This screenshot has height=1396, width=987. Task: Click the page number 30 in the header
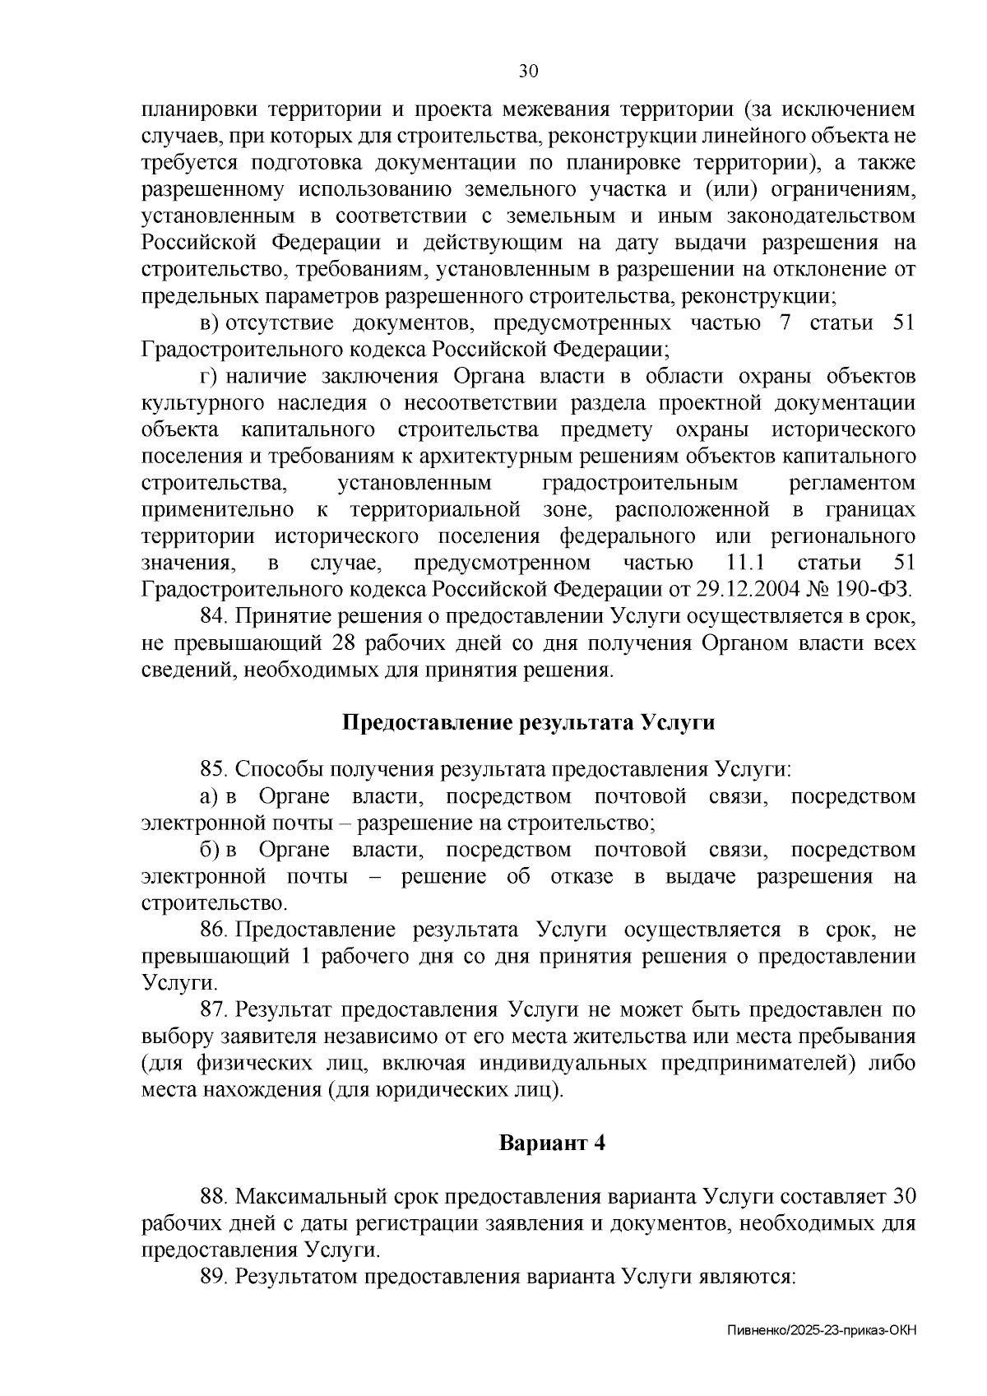point(527,72)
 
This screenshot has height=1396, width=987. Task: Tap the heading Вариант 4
point(553,1143)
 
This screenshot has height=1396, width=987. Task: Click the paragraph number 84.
point(215,616)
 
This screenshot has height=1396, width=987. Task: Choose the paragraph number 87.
point(215,1009)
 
